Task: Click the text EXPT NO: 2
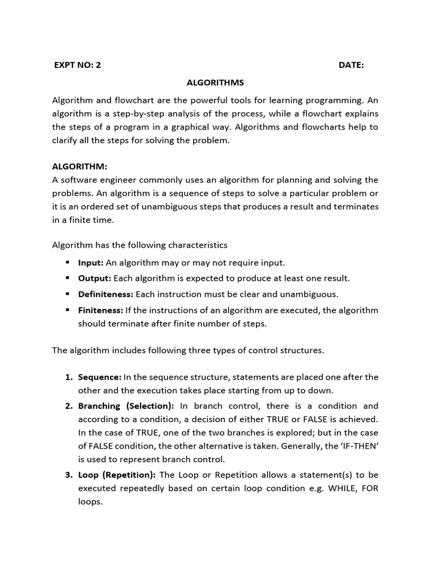(x=77, y=65)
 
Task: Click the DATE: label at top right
(x=351, y=65)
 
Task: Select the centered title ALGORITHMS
(x=215, y=83)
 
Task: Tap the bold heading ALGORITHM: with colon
(x=79, y=167)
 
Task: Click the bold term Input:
(x=91, y=262)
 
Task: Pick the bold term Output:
(x=95, y=278)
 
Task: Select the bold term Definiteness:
(x=106, y=294)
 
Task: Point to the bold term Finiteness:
(x=100, y=310)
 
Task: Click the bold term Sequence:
(x=99, y=377)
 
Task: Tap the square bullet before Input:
(x=67, y=262)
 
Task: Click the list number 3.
(x=68, y=474)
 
